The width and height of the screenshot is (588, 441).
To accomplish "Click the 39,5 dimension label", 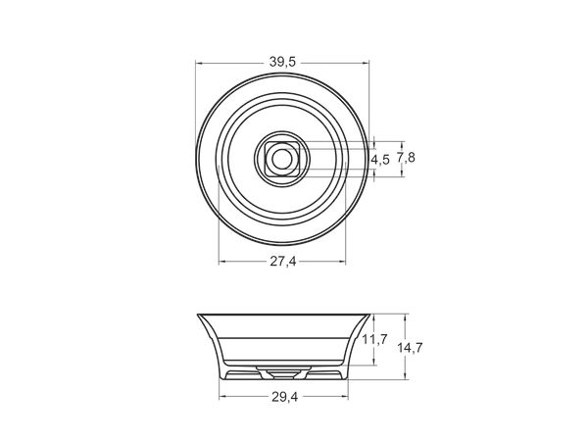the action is pos(282,62).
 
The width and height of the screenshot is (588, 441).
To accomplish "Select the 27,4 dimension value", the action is pos(283,262).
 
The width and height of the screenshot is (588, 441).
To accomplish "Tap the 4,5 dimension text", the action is pos(380,160).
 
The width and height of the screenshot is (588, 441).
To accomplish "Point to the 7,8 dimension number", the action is pos(406,158).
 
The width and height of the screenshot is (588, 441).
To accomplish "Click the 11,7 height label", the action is pos(374,340).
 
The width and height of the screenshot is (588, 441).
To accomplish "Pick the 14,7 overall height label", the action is pos(410,348).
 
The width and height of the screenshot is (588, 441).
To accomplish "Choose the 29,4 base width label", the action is pos(284,397).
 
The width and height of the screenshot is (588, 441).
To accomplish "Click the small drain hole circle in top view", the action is pos(281,160).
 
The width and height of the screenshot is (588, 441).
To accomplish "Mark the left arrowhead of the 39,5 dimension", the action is pos(200,63).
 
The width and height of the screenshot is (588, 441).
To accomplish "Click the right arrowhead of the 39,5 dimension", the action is pos(366,63).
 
